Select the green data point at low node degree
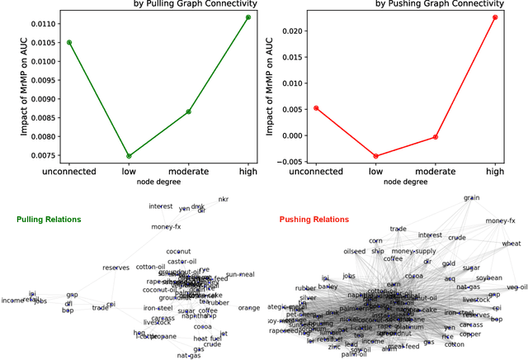tap(129, 155)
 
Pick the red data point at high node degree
tap(495, 17)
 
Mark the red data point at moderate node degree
tap(436, 137)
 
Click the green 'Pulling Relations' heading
tap(49, 220)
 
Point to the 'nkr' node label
tap(223, 200)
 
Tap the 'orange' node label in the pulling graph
tap(249, 307)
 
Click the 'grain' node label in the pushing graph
tap(471, 198)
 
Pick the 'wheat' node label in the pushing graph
tap(511, 244)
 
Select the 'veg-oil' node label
tap(516, 287)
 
